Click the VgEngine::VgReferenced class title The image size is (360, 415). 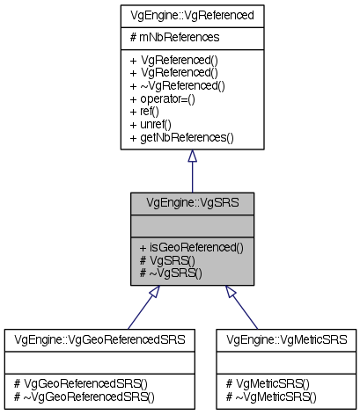click(x=191, y=16)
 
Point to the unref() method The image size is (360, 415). click(x=153, y=125)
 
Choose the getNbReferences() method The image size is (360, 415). click(x=181, y=138)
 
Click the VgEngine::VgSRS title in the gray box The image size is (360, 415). click(x=191, y=202)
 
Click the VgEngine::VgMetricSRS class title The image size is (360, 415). click(x=286, y=338)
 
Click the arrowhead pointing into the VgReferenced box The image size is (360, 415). click(x=192, y=157)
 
